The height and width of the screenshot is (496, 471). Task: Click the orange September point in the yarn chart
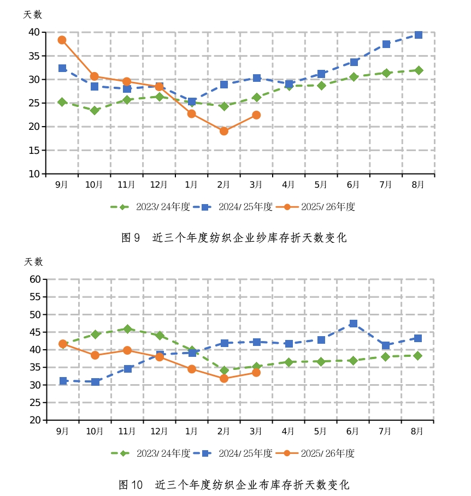[62, 40]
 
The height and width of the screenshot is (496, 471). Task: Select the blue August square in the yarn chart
[418, 35]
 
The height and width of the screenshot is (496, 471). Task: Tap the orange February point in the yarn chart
[223, 131]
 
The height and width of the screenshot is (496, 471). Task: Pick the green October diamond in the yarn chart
[95, 110]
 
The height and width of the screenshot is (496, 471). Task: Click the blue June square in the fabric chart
[354, 324]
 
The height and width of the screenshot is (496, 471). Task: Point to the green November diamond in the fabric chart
[127, 329]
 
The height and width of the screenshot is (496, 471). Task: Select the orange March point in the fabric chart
[256, 372]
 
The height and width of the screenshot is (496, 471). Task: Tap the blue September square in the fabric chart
[63, 381]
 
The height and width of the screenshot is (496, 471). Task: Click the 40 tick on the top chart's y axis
[34, 32]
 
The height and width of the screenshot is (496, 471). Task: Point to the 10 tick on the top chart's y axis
[34, 174]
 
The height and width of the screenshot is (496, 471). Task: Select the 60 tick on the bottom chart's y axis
[35, 279]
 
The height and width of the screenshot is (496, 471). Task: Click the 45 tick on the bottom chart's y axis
[35, 332]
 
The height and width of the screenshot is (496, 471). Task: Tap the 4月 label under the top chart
[289, 184]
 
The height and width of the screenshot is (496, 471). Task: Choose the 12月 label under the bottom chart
[159, 431]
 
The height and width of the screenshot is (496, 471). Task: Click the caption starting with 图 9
[233, 238]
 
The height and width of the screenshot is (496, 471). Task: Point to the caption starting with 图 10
[234, 485]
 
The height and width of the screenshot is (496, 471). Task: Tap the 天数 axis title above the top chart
[33, 15]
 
